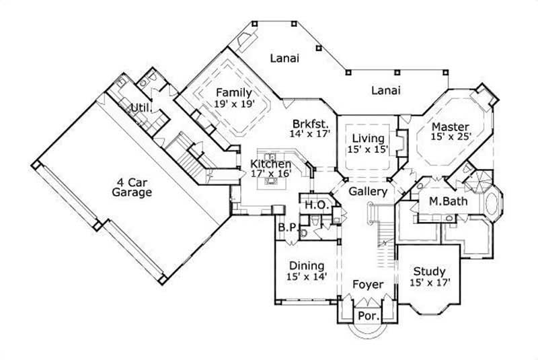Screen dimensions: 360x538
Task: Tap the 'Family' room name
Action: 233,93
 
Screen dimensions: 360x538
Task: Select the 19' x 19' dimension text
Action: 233,104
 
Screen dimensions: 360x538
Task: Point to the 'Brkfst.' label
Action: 310,124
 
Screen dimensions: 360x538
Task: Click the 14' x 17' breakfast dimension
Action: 310,134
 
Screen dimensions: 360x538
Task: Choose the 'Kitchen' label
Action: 271,164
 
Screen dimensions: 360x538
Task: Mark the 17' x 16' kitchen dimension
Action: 271,174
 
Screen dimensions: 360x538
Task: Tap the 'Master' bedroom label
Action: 450,127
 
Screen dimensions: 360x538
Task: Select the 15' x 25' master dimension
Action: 450,137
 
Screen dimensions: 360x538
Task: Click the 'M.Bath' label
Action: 444,201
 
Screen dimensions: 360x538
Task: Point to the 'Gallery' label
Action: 368,192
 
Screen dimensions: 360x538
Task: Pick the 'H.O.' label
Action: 315,205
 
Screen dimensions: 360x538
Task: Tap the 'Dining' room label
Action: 306,265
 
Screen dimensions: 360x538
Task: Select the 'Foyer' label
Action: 368,285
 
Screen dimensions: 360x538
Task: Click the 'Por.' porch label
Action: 368,315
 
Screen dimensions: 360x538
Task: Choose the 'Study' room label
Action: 429,272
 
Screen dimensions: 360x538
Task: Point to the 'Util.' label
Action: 140,108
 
